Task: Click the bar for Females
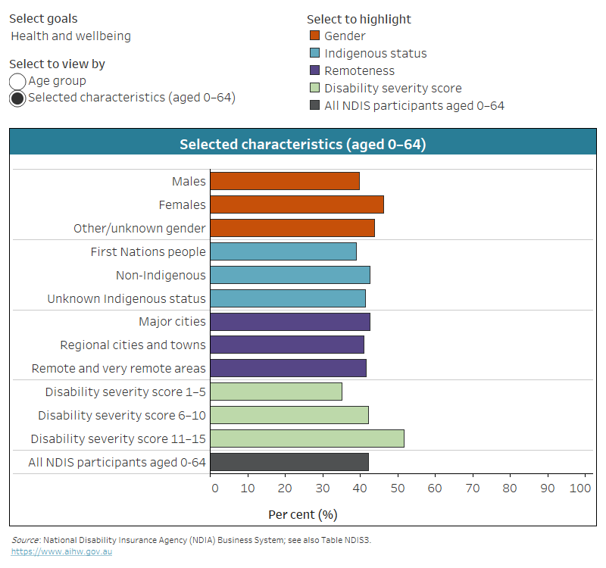[296, 204]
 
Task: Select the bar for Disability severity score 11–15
[307, 438]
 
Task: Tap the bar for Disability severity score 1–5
[276, 392]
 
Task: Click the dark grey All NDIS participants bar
[289, 462]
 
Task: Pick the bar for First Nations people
[283, 251]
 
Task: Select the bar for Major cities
[289, 322]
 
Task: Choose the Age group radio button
[17, 81]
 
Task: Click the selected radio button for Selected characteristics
[17, 98]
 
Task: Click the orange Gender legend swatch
[315, 36]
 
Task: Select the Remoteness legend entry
[359, 70]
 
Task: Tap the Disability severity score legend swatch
[315, 88]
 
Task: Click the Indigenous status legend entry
[375, 53]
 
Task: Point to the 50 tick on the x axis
[397, 488]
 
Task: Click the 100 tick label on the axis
[579, 488]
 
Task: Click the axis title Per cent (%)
[302, 514]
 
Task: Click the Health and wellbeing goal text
[70, 36]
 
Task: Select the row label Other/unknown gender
[139, 228]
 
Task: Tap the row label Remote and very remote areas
[118, 368]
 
